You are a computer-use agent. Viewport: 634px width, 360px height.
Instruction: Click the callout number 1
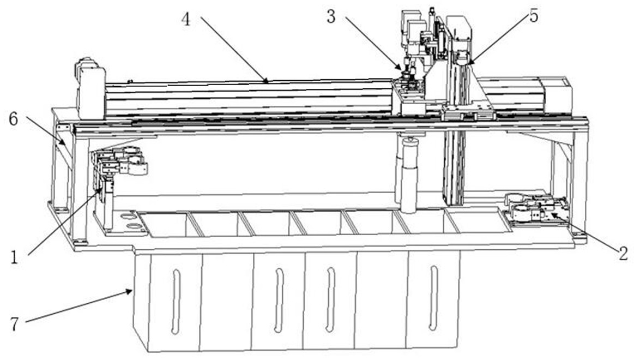(14, 257)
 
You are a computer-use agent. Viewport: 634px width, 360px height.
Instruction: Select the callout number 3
(331, 17)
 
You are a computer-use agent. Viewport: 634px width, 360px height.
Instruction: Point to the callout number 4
(185, 19)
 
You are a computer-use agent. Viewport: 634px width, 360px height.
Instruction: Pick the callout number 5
(534, 16)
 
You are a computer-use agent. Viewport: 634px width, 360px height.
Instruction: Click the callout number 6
(13, 119)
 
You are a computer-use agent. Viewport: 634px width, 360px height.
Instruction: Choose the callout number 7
(14, 324)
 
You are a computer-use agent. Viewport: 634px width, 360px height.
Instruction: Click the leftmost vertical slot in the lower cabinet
(176, 301)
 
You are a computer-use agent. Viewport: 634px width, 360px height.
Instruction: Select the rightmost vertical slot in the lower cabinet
(433, 298)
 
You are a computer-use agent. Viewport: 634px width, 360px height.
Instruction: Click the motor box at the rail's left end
(92, 93)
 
